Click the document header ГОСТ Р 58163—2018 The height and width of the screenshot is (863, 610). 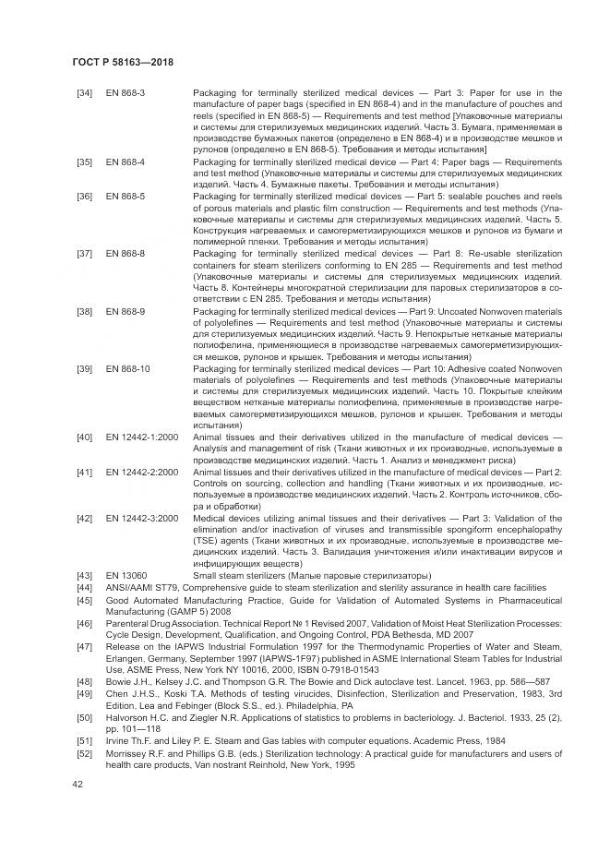pyautogui.click(x=123, y=62)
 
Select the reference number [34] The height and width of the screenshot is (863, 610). pyautogui.click(x=84, y=93)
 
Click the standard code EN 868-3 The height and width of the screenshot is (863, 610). pyautogui.click(x=126, y=93)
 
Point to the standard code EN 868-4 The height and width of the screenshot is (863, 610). pyautogui.click(x=126, y=161)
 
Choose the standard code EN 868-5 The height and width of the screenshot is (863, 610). pyautogui.click(x=126, y=195)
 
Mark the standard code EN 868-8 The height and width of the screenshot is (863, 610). pyautogui.click(x=126, y=251)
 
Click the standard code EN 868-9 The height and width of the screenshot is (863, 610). pyautogui.click(x=126, y=311)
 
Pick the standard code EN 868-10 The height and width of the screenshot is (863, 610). pyautogui.click(x=128, y=367)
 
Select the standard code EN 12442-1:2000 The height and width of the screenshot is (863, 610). pyautogui.click(x=142, y=435)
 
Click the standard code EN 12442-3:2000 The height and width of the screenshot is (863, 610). pyautogui.click(x=142, y=518)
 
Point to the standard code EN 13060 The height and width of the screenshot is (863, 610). pyautogui.click(x=126, y=575)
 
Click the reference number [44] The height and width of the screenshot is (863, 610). pyautogui.click(x=84, y=587)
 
